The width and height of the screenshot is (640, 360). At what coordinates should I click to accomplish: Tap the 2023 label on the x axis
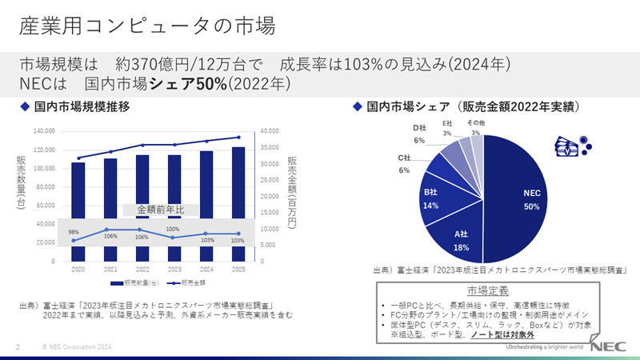pos(174,270)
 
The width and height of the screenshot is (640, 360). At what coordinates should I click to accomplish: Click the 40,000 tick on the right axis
pos(270,131)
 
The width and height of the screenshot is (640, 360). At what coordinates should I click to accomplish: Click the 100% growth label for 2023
pos(172,230)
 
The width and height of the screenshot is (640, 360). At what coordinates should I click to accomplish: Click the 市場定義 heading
pos(488,289)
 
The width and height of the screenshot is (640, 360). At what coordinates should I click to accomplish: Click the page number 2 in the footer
pos(18,347)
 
